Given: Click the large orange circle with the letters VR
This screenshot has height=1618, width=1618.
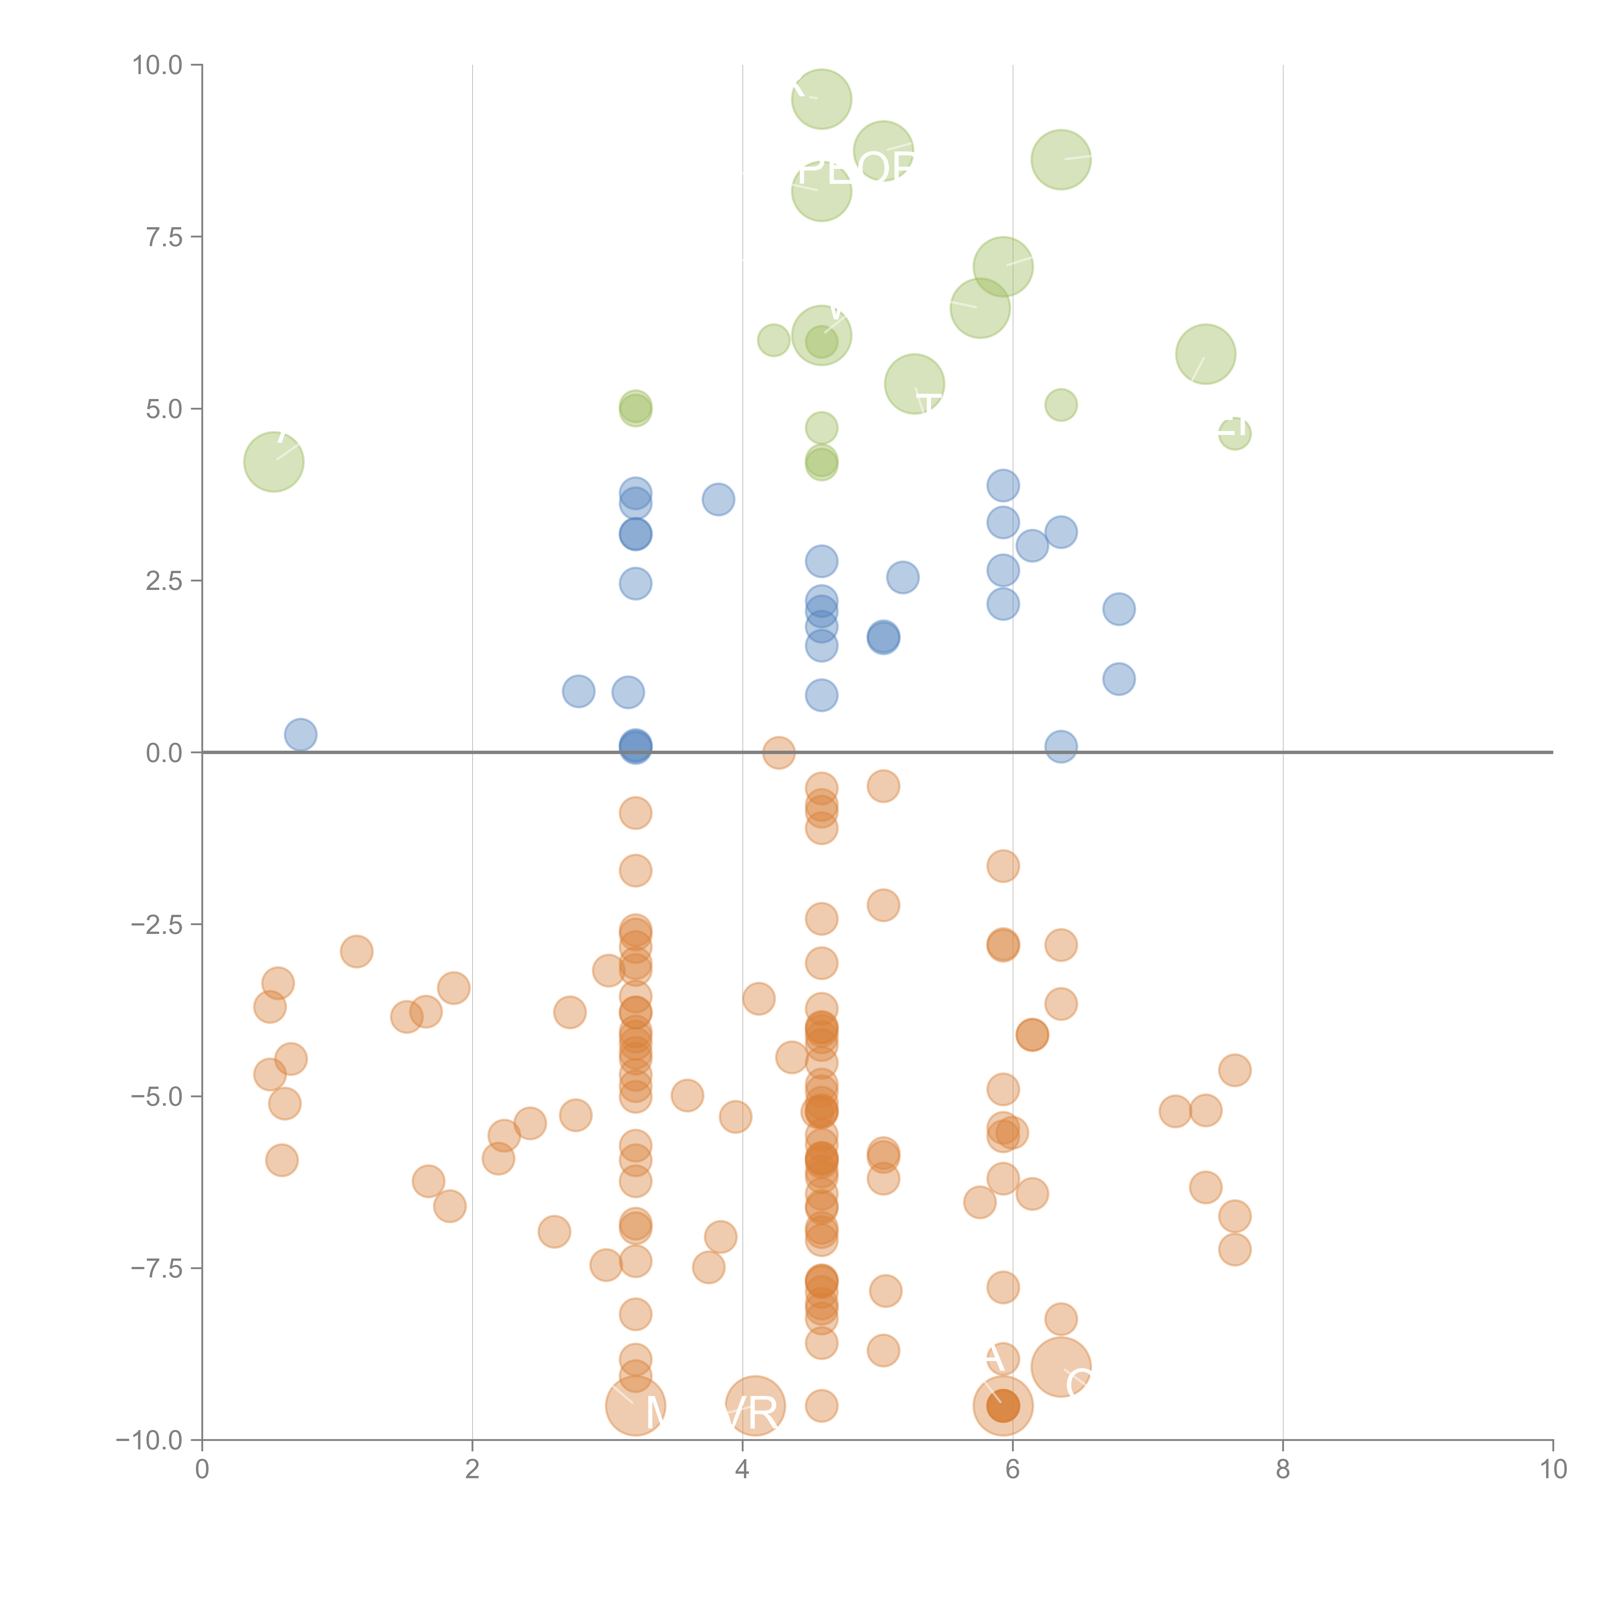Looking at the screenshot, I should pos(755,1405).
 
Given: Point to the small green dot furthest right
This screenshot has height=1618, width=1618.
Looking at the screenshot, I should pos(1235,434).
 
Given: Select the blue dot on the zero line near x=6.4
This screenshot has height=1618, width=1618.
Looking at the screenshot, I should pos(1061,746).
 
